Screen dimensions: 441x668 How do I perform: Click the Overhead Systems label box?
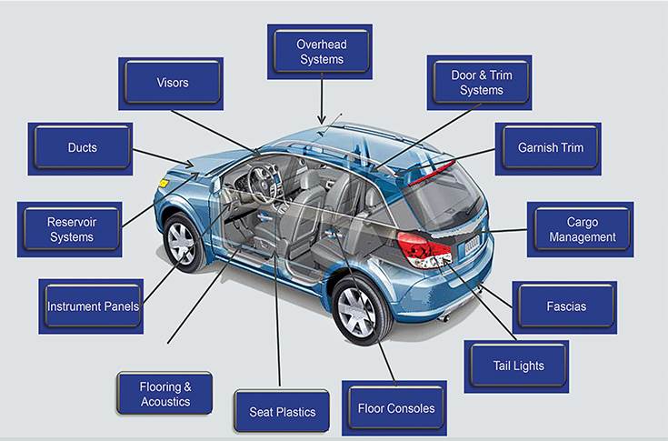(321, 52)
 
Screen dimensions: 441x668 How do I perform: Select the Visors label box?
(172, 83)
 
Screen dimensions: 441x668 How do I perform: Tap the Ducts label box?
(82, 147)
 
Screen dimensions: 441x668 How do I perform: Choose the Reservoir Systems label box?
(71, 229)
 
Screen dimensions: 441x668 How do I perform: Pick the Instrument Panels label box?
(92, 306)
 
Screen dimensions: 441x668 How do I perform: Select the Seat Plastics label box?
(282, 412)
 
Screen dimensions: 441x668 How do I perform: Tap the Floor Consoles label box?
(395, 408)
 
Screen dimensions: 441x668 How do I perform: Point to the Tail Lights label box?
(518, 366)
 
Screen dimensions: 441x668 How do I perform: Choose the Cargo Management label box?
(581, 229)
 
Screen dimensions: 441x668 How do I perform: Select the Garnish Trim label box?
(549, 147)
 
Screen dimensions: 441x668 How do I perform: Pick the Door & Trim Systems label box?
(481, 83)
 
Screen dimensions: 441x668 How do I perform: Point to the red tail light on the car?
(424, 247)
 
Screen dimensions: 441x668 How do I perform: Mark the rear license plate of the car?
(471, 245)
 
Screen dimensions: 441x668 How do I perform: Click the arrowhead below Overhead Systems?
(320, 119)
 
